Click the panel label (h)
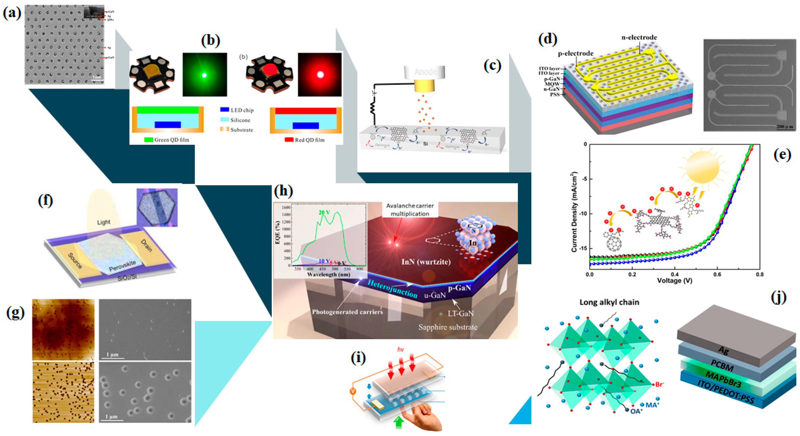point(283,191)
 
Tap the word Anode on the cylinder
point(425,72)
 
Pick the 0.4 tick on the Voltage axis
point(675,274)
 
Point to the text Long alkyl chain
point(609,302)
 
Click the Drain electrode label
point(146,245)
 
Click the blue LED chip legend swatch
point(224,110)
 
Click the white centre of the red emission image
point(320,75)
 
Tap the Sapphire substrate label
point(448,327)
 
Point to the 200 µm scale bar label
point(784,127)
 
